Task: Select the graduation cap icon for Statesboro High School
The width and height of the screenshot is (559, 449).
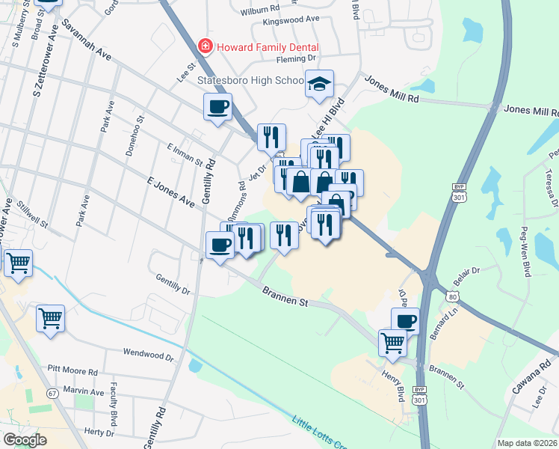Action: [319, 84]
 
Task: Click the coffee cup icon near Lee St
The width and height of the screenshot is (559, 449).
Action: [217, 107]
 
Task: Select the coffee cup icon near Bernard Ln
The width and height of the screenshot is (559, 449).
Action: [406, 321]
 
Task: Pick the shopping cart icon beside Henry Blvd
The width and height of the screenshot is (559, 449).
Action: [392, 343]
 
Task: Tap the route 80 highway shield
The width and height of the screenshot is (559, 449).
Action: [451, 298]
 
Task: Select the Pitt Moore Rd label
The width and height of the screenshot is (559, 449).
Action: [72, 371]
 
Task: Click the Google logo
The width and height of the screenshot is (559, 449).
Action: [25, 440]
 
